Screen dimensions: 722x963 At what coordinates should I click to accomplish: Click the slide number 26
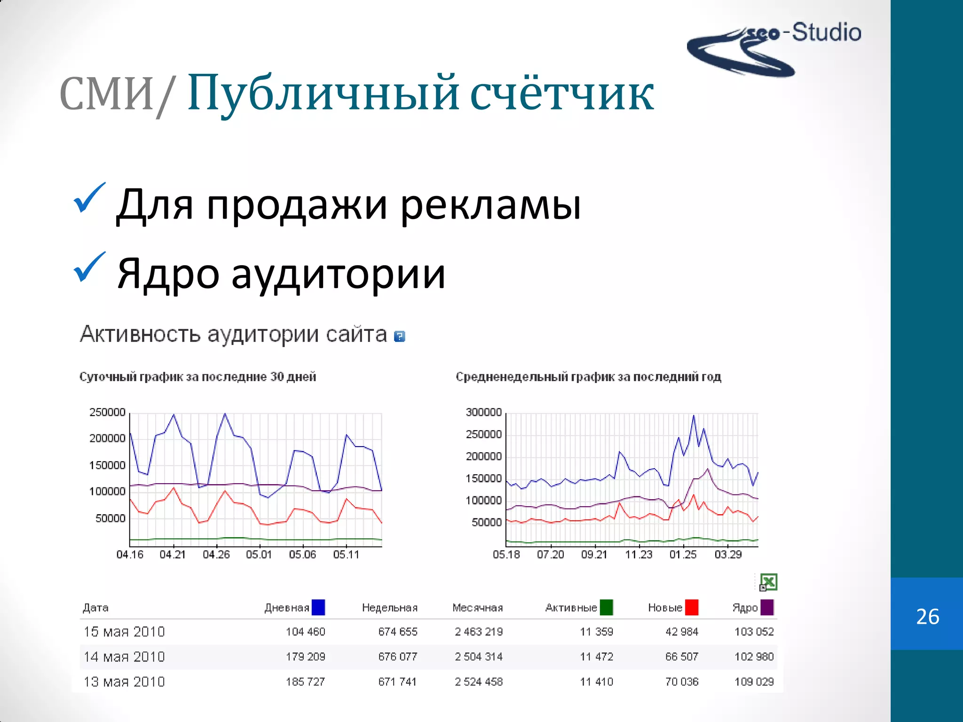point(927,616)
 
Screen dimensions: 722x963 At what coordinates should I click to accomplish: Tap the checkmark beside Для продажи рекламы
point(89,198)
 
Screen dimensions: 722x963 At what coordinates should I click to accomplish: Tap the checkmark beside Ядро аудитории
point(89,267)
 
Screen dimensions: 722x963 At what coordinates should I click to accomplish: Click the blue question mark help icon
point(399,336)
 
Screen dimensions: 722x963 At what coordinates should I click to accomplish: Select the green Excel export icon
point(768,582)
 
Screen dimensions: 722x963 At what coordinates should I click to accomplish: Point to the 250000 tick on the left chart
point(107,412)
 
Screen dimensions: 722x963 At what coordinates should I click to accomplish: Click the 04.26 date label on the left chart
point(216,555)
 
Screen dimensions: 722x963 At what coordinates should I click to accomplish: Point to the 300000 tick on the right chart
point(483,412)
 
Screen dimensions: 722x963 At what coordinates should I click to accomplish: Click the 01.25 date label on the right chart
point(683,555)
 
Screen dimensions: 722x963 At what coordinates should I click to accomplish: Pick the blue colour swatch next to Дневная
point(318,607)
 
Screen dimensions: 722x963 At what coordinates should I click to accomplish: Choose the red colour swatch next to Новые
point(691,607)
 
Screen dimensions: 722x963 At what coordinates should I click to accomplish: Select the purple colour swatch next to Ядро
point(767,607)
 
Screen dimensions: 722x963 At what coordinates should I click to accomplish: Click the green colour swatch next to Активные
point(606,607)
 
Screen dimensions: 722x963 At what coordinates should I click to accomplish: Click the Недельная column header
point(389,608)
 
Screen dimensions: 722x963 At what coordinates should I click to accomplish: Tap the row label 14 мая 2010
point(124,657)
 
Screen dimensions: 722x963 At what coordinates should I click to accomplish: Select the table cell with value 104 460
point(305,632)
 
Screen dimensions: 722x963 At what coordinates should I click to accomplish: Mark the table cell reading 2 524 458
point(478,682)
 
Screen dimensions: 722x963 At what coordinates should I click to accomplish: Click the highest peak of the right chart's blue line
point(694,416)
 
